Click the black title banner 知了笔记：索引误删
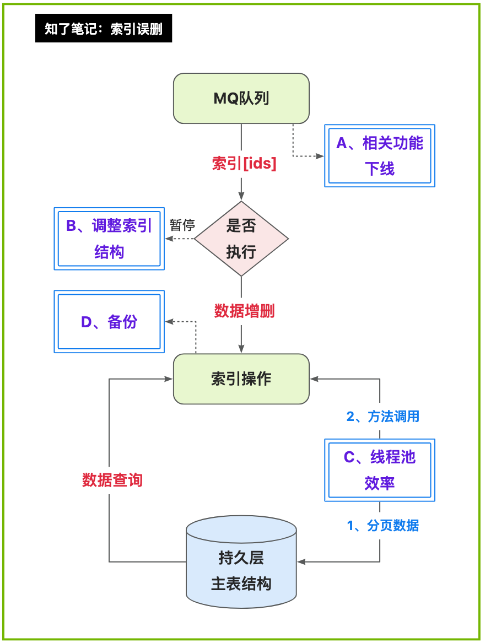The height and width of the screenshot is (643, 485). pyautogui.click(x=104, y=28)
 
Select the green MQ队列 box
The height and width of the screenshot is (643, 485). pyautogui.click(x=241, y=99)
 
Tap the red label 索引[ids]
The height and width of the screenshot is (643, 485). pyautogui.click(x=244, y=163)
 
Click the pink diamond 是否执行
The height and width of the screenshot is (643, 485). pyautogui.click(x=241, y=239)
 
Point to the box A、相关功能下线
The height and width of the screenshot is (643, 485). pyautogui.click(x=380, y=156)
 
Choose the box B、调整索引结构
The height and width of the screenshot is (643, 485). pyautogui.click(x=109, y=239)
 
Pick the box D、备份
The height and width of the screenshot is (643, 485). pyautogui.click(x=109, y=322)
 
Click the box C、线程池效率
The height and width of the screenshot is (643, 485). pyautogui.click(x=380, y=470)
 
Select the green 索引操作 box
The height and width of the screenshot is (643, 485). pyautogui.click(x=241, y=379)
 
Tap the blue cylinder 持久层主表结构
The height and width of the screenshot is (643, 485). pyautogui.click(x=241, y=568)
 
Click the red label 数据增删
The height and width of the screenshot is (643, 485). pyautogui.click(x=244, y=311)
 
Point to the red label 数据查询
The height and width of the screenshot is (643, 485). pyautogui.click(x=112, y=480)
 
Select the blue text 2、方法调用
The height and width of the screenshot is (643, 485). pyautogui.click(x=383, y=417)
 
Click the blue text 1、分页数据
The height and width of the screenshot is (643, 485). pyautogui.click(x=383, y=526)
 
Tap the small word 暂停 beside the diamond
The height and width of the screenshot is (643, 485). pyautogui.click(x=182, y=225)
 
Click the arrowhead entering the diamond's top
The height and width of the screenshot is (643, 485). pyautogui.click(x=241, y=197)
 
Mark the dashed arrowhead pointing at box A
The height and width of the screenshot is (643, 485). pyautogui.click(x=320, y=156)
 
